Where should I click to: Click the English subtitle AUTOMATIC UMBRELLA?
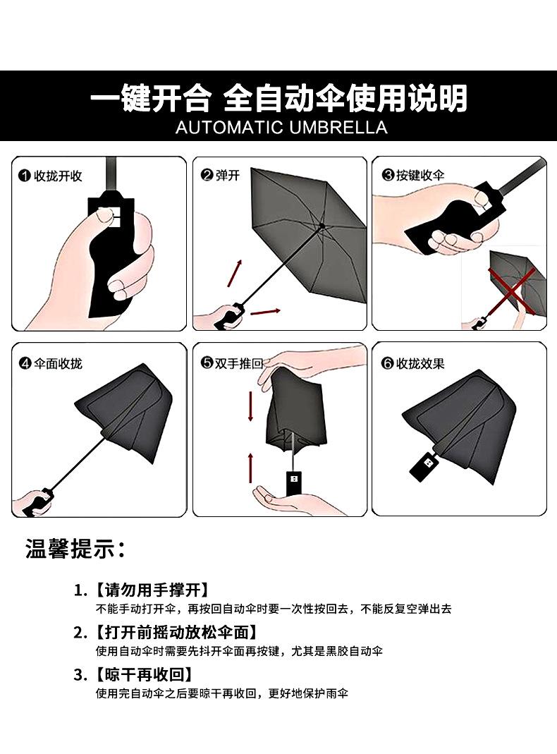pyautogui.click(x=281, y=128)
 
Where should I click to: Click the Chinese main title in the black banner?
pyautogui.click(x=279, y=99)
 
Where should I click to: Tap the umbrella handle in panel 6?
pyautogui.click(x=426, y=465)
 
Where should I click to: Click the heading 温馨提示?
pyautogui.click(x=75, y=549)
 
